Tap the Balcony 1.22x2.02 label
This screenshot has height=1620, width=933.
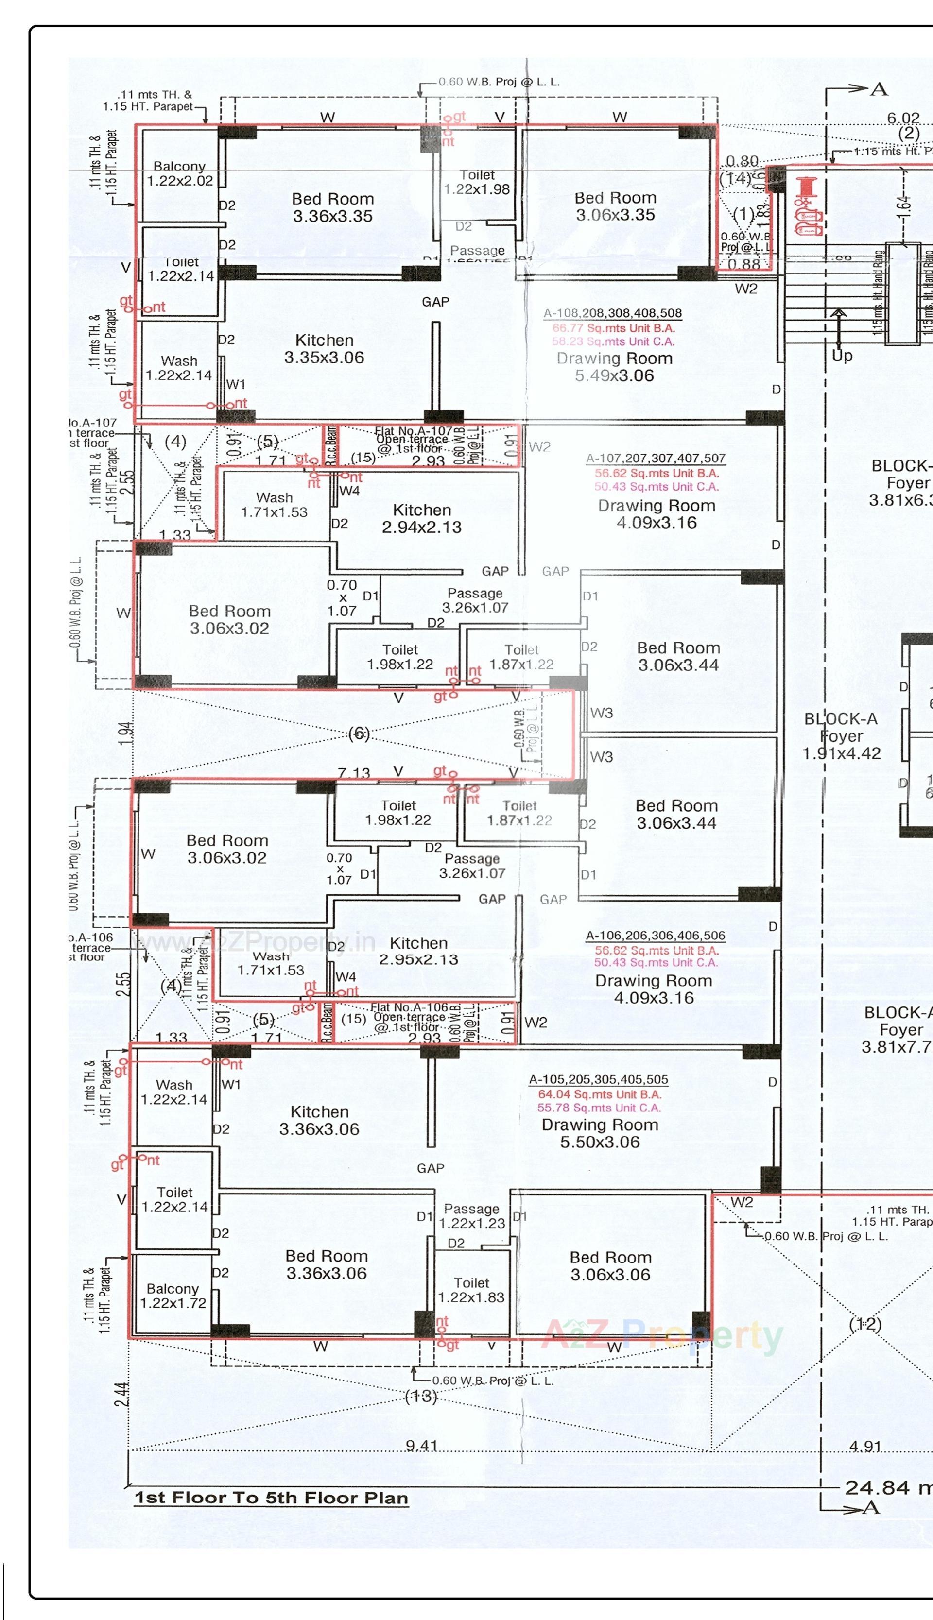click(x=179, y=173)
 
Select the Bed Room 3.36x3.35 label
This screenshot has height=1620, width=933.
click(x=332, y=207)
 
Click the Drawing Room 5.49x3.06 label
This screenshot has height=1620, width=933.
click(x=615, y=367)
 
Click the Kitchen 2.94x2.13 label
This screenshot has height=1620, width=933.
click(x=422, y=518)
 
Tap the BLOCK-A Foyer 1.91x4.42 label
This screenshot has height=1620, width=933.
click(x=841, y=736)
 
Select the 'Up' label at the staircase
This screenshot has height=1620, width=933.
click(x=842, y=356)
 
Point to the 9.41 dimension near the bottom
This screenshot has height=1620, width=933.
click(x=421, y=1446)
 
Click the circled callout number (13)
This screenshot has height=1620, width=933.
click(x=421, y=1396)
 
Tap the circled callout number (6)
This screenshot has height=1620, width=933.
click(x=358, y=734)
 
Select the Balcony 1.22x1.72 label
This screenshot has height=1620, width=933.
click(x=173, y=1295)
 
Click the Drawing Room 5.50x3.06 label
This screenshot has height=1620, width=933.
click(x=600, y=1133)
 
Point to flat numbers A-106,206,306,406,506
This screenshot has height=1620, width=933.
click(x=655, y=935)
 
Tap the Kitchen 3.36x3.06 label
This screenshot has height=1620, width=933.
click(x=319, y=1120)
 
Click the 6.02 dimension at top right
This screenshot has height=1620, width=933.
click(x=903, y=118)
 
